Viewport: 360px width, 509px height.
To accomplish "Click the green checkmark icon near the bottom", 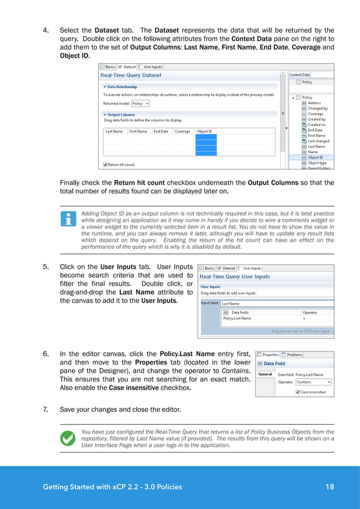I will coord(68,437).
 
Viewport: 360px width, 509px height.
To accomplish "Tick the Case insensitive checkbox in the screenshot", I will coord(297,392).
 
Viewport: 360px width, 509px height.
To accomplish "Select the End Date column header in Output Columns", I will coord(160,131).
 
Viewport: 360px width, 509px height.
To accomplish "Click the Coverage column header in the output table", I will coord(182,131).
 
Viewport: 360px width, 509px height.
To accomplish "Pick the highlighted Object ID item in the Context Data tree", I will coord(315,157).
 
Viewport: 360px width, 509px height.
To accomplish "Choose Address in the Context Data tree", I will coord(314,103).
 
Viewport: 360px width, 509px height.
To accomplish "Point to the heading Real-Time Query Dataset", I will coord(130,75).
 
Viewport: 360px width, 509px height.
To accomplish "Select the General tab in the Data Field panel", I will coord(265,374).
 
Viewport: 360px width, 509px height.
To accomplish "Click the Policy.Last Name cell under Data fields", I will coord(236,318).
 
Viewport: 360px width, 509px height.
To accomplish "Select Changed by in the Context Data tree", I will coord(317,108).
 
